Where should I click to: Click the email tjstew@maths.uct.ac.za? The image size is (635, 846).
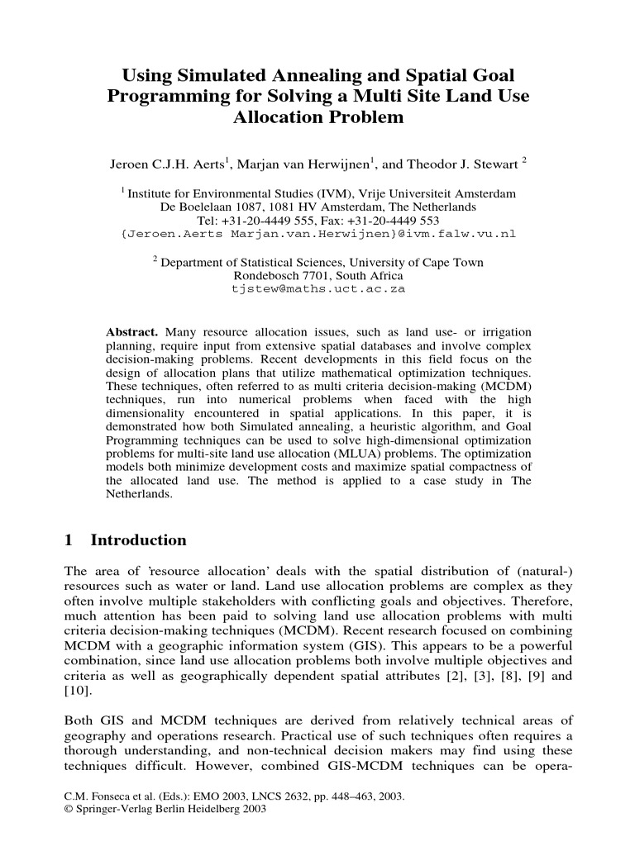[x=318, y=290]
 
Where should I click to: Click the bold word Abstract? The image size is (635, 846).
[x=131, y=331]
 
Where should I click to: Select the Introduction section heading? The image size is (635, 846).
[x=138, y=540]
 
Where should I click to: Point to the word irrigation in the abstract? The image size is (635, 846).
[x=499, y=331]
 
